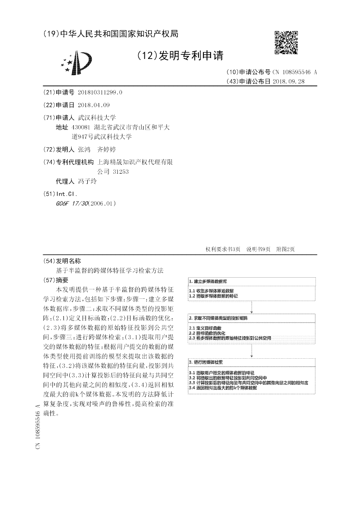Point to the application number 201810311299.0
click(100, 93)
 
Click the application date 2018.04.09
click(94, 105)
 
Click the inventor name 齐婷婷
click(106, 149)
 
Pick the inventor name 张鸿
click(84, 149)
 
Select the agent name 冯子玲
click(87, 181)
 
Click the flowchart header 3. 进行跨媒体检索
click(206, 362)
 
